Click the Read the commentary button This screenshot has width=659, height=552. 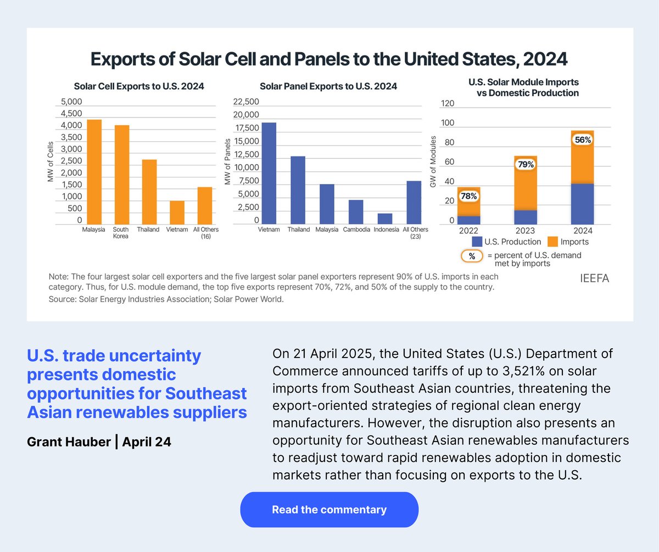pos(329,510)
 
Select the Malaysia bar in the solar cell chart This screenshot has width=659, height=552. pos(94,172)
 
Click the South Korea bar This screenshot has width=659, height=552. pos(121,175)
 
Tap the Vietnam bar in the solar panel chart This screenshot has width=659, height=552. pos(269,173)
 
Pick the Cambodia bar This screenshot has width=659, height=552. pos(356,212)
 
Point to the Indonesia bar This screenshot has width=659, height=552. pos(385,219)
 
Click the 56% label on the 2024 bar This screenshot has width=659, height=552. pos(582,140)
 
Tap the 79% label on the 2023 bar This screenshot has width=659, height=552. pos(525,164)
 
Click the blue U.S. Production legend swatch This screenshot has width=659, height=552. pos(477,242)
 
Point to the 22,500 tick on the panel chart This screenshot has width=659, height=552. pos(247,102)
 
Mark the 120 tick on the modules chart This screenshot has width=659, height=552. pos(448,104)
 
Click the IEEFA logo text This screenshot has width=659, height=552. pos(594,278)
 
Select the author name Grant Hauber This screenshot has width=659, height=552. pos(69,442)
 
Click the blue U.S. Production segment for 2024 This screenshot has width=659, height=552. pos(582,204)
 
